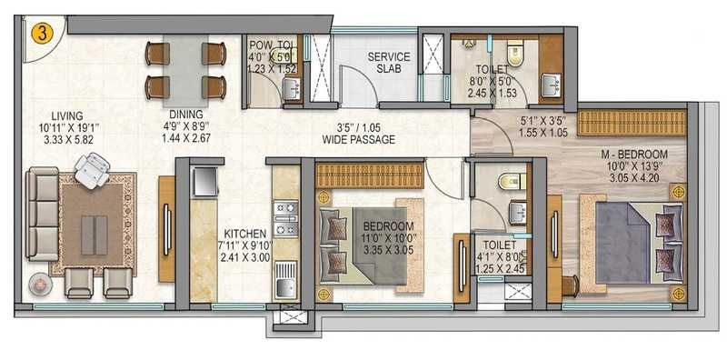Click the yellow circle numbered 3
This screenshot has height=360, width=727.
pos(42,34)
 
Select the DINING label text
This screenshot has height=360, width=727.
pos(186,115)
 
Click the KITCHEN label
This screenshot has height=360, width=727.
pos(244,234)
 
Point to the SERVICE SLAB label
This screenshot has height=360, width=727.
pos(389,63)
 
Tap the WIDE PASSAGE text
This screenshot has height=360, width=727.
pos(359,140)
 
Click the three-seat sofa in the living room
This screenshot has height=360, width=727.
pos(42,214)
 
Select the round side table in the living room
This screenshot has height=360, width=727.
pos(38,284)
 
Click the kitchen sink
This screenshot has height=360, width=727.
pos(285,279)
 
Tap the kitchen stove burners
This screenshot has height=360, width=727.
pos(285,218)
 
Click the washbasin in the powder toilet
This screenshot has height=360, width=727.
pos(291,88)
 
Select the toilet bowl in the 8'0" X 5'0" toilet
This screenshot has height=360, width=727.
pos(514,53)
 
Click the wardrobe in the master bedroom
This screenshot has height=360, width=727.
pos(632,123)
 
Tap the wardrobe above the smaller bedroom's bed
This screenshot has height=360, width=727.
pos(370,175)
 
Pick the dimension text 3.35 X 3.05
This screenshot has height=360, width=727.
pos(389,251)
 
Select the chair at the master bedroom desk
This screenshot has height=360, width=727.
pos(571,285)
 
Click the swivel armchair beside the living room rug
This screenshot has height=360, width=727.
pos(93,170)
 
